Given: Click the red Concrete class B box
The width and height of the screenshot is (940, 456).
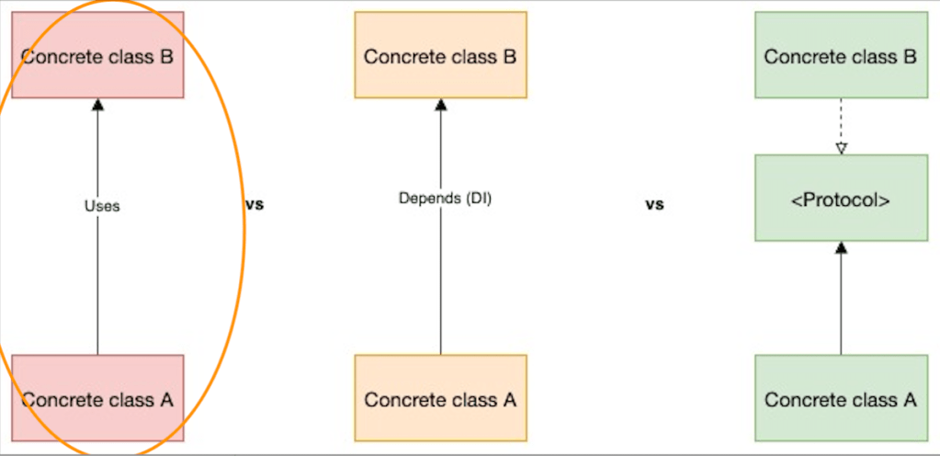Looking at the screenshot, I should pos(97,55).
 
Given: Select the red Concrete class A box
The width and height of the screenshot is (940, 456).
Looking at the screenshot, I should pos(97,399).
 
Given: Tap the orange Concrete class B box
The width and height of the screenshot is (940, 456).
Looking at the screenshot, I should pos(440,55).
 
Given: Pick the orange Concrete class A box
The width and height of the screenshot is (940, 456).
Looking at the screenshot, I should pos(440,399).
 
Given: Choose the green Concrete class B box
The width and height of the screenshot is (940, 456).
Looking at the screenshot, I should pos(841,55).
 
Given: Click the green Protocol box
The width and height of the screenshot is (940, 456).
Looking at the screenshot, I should pos(841,198).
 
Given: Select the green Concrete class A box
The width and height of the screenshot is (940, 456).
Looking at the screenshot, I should pos(841,399).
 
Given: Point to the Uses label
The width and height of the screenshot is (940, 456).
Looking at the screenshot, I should pos(102,206).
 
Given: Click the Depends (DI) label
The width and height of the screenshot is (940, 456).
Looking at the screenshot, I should pos(446,198).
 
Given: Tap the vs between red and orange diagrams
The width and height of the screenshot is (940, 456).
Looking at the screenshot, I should pos(255,204).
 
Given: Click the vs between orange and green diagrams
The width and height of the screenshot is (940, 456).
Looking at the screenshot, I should pos(654,204).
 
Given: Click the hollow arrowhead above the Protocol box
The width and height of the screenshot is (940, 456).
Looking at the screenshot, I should pos(841,148).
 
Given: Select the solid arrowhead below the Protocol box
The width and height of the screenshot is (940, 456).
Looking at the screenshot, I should pos(841,247).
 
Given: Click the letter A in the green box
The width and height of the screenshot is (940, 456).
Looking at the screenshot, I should pos(910,400).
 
